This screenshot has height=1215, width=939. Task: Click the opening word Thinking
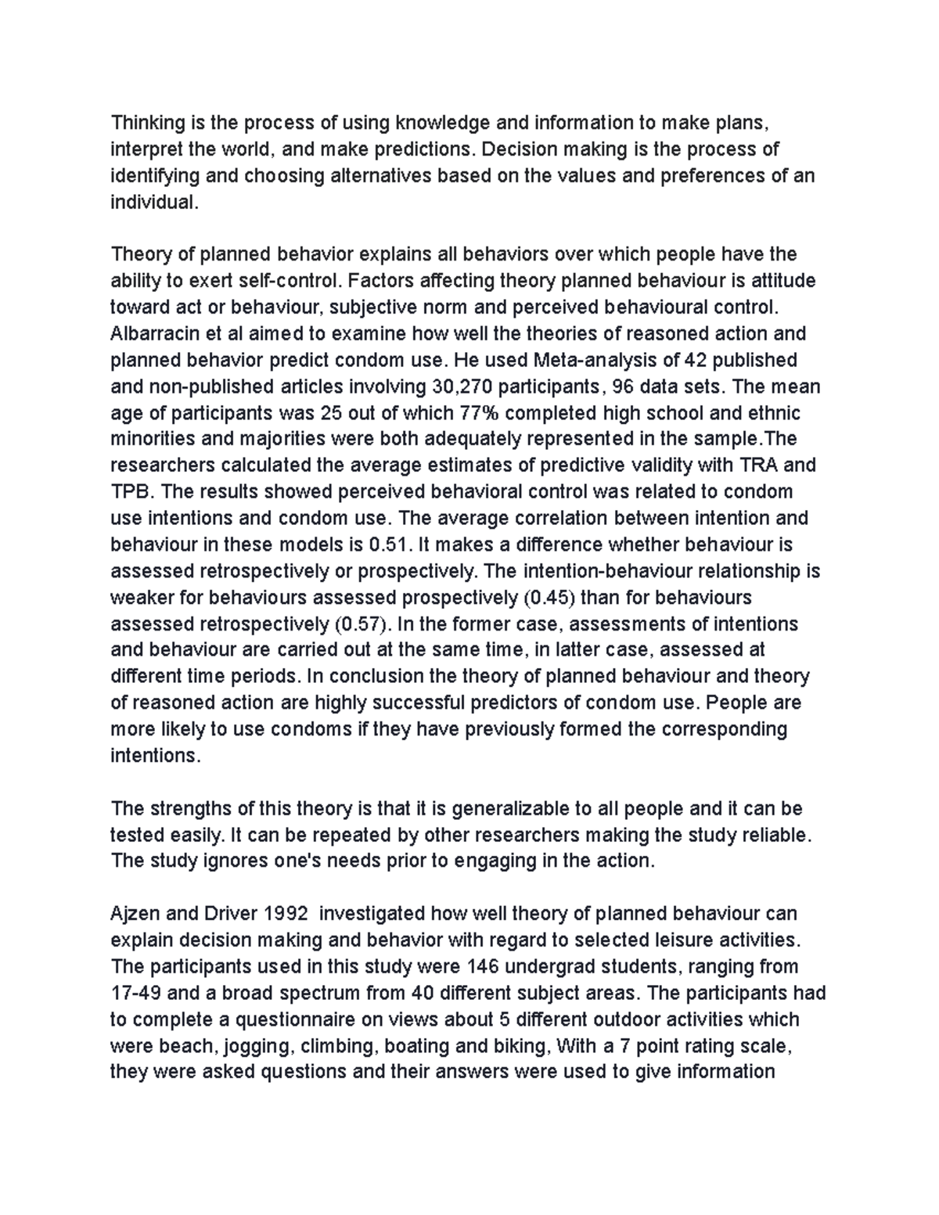click(146, 123)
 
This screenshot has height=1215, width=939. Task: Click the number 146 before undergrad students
click(481, 967)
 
